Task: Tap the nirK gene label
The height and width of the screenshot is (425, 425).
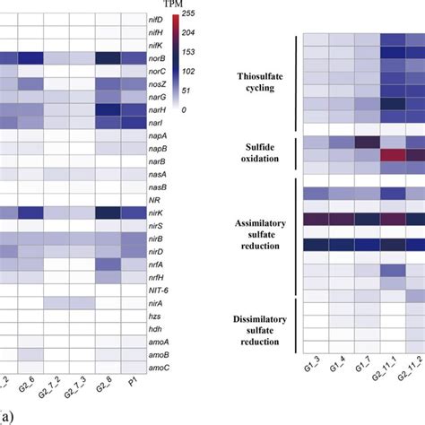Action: pos(157,212)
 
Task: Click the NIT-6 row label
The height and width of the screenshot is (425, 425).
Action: pos(159,291)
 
